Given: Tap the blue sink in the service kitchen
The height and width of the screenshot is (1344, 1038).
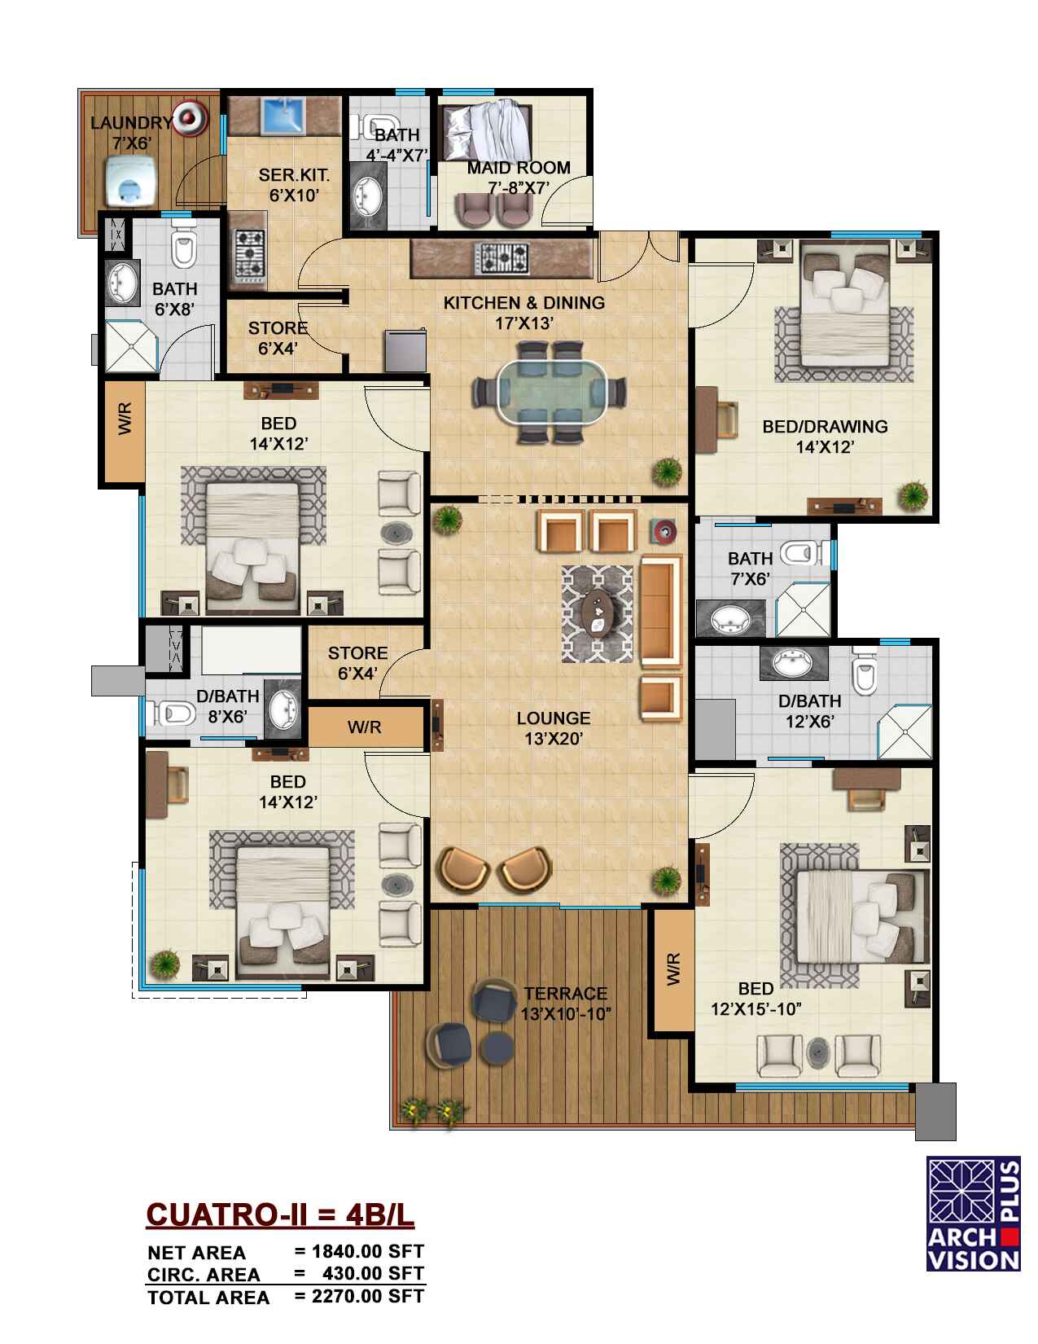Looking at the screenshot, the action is pos(284,114).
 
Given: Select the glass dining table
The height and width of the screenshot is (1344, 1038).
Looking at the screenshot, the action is pos(549,392).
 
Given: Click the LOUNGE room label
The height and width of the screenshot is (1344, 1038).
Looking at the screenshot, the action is pos(554,718).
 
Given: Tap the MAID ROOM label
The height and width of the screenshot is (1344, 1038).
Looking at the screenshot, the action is pos(518,168).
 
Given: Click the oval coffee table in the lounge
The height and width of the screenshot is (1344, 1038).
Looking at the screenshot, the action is pos(598,613).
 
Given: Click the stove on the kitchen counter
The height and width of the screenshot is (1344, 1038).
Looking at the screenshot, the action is pos(501,258).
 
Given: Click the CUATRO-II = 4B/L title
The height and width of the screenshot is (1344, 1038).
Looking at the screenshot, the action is pos(280,1215).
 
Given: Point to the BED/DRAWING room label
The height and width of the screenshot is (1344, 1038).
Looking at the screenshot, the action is pos(825,426).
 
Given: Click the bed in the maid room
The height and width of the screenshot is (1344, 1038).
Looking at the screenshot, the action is pos(487,132).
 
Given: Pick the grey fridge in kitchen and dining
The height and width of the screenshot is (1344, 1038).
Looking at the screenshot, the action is pos(405,351).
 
